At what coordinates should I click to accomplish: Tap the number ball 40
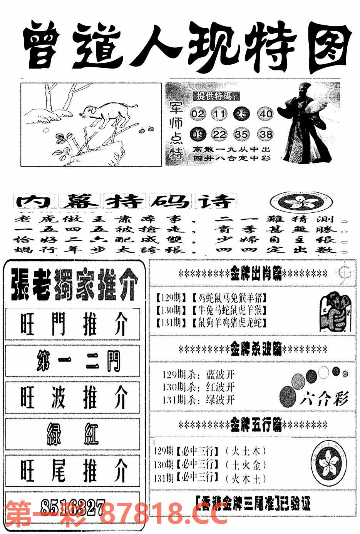coord(266,114)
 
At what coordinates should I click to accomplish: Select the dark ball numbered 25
coord(243,114)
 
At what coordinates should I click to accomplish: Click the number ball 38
coord(266,135)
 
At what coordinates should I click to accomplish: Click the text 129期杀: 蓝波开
coord(198,375)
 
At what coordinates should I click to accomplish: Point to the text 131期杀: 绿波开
coord(198,400)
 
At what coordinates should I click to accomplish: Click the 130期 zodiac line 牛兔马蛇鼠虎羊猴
coord(211,310)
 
